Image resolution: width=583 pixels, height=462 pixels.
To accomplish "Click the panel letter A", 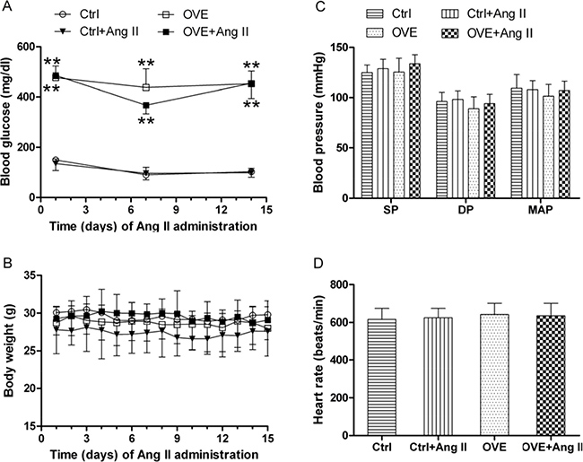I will click(x=8, y=8).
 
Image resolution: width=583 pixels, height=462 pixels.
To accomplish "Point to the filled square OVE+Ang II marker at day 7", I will click(x=147, y=105).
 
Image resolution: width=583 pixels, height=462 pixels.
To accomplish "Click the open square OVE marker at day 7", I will click(x=147, y=88).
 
